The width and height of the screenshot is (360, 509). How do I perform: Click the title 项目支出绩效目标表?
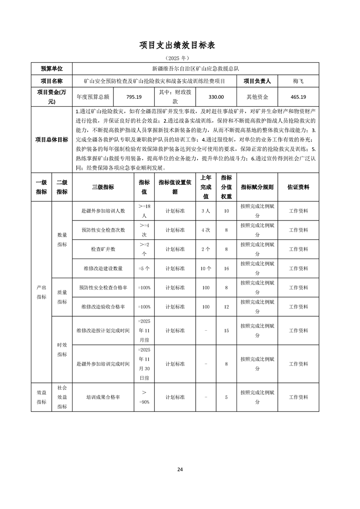(x=180, y=45)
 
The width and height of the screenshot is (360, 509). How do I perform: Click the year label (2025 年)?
(x=180, y=58)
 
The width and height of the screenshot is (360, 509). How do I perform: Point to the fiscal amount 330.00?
(x=216, y=97)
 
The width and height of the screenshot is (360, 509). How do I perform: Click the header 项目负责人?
(x=257, y=81)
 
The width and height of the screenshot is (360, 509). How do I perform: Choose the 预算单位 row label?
(x=52, y=69)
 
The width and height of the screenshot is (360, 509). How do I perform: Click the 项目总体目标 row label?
(x=52, y=139)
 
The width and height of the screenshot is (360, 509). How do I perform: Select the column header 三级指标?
(x=103, y=187)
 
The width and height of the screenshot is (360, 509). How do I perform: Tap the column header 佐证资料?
(x=298, y=187)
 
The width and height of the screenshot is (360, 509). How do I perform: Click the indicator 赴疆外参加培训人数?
(x=103, y=211)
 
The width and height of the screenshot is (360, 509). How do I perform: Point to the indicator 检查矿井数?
(x=103, y=249)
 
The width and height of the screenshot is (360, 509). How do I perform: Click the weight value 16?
(x=226, y=268)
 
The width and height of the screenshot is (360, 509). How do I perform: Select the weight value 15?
(x=226, y=330)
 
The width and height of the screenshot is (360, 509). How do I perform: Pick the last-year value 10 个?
(x=206, y=268)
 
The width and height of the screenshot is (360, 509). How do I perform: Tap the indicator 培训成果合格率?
(x=103, y=397)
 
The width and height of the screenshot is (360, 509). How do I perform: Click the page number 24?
(x=180, y=469)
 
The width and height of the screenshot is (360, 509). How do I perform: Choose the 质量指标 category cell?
(x=62, y=297)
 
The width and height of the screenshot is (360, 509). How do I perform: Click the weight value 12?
(x=226, y=307)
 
